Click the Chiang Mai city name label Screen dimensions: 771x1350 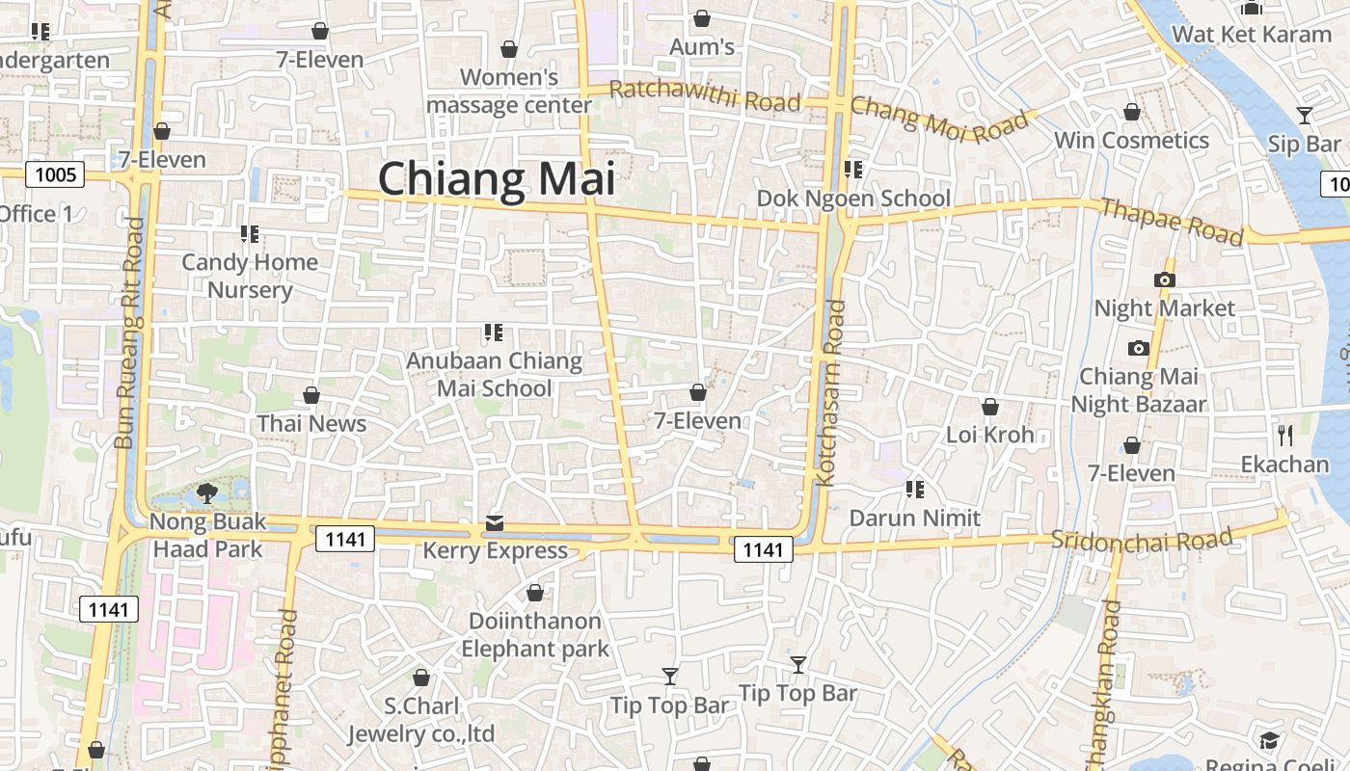pos(496,180)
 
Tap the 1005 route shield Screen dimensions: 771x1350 pos(54,174)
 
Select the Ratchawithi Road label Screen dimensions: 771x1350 pos(705,96)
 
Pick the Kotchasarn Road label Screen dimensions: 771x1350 pos(831,392)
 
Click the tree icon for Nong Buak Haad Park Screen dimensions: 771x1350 pos(206,494)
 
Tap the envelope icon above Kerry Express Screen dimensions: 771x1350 pos(495,523)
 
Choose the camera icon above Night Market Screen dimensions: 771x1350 pos(1164,280)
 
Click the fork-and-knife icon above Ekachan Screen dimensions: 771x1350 pos(1284,436)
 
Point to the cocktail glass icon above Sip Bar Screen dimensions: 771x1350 pos(1304,116)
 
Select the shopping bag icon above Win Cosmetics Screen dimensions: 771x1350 pos(1132,113)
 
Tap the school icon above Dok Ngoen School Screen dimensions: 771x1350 pos(853,171)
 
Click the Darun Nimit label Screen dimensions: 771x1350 pos(914,518)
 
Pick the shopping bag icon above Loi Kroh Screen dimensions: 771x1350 pos(989,407)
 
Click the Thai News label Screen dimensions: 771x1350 pos(311,423)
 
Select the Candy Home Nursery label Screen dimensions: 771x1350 pos(250,276)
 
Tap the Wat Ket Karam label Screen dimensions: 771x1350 pos(1251,35)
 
